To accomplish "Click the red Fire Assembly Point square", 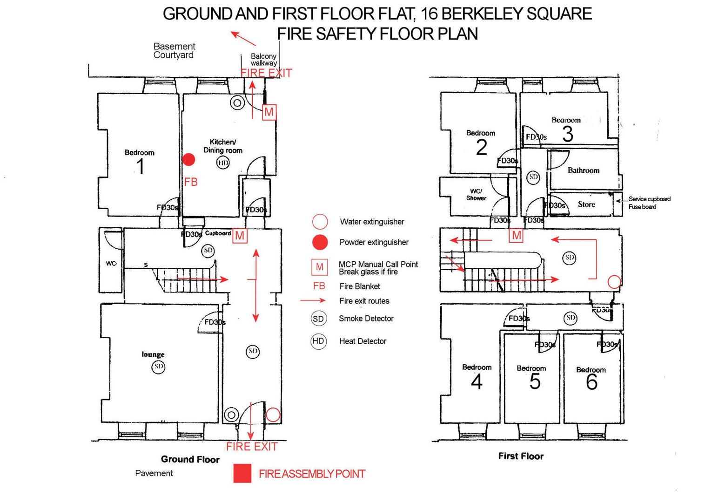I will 242,473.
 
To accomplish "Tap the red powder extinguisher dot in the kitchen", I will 188,160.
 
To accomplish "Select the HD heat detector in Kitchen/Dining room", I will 223,163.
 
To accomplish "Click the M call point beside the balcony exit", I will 269,112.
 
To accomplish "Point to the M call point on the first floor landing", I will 517,235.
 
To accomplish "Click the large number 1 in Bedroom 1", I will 140,166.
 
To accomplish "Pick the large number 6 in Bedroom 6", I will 591,382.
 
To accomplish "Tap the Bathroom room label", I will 583,170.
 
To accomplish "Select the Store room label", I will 586,204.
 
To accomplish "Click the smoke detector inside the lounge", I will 159,367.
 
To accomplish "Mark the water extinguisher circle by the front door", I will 273,415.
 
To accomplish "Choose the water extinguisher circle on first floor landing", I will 614,282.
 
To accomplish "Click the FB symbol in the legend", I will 319,286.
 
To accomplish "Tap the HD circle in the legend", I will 318,341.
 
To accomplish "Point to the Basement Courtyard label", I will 174,51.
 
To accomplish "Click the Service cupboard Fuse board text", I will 649,203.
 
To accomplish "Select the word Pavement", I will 154,473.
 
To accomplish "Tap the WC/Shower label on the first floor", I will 476,194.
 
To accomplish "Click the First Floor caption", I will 520,456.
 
